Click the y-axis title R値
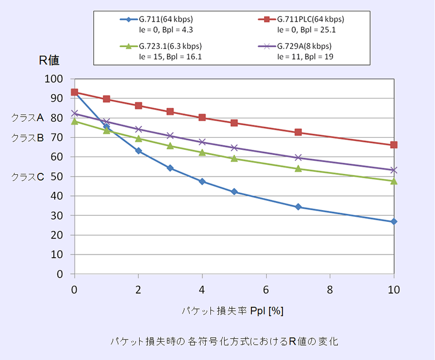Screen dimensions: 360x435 [x=50, y=60]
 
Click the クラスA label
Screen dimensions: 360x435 [x=28, y=118]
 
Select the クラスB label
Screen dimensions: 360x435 [x=28, y=138]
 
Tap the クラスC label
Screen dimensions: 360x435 [x=28, y=177]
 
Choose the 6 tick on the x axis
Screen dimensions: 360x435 [x=266, y=289]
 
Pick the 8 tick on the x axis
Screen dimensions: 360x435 [x=330, y=289]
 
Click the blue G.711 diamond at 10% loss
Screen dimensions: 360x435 [x=394, y=221]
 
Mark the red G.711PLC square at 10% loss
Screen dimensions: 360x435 [x=394, y=145]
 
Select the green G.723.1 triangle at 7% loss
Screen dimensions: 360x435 [x=298, y=168]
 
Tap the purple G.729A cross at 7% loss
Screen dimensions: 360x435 [x=298, y=157]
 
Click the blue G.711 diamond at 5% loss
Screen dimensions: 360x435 [x=234, y=192]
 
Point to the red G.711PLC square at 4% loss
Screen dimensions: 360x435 [x=202, y=117]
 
